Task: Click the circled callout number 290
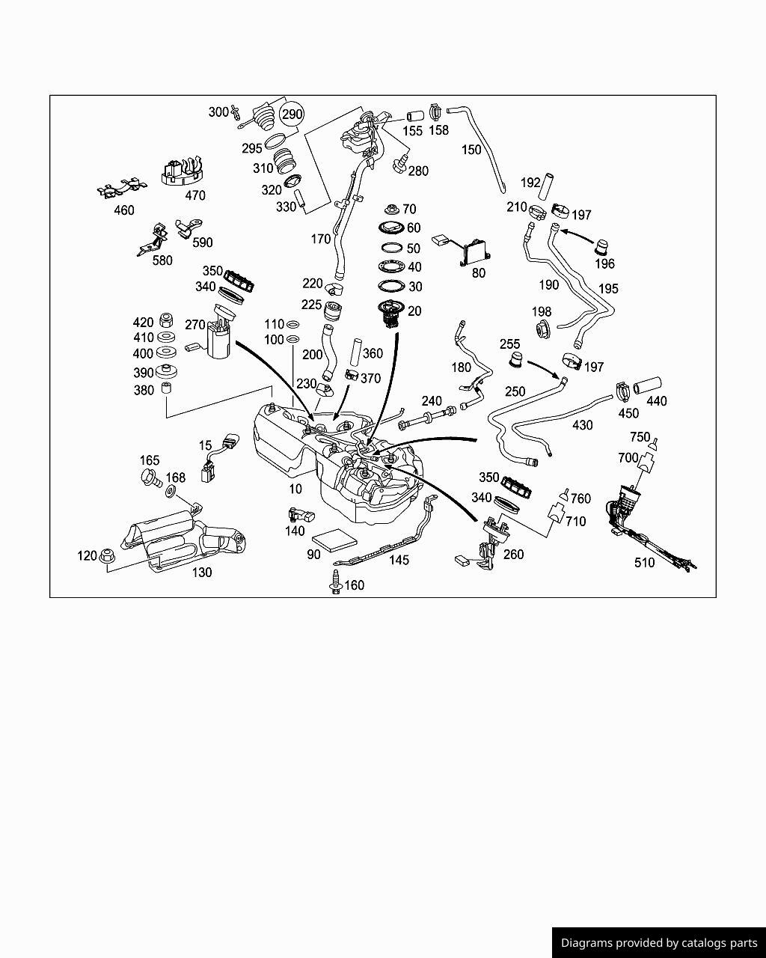pyautogui.click(x=292, y=115)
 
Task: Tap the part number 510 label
pyautogui.click(x=644, y=562)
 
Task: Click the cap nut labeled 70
pyautogui.click(x=390, y=209)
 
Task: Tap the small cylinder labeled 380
pyautogui.click(x=167, y=389)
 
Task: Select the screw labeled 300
pyautogui.click(x=236, y=112)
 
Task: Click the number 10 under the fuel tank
pyautogui.click(x=295, y=489)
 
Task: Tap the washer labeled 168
pyautogui.click(x=171, y=492)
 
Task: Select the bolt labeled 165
pyautogui.click(x=150, y=478)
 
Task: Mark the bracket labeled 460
pyautogui.click(x=122, y=190)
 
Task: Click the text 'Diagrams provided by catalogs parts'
pyautogui.click(x=658, y=943)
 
